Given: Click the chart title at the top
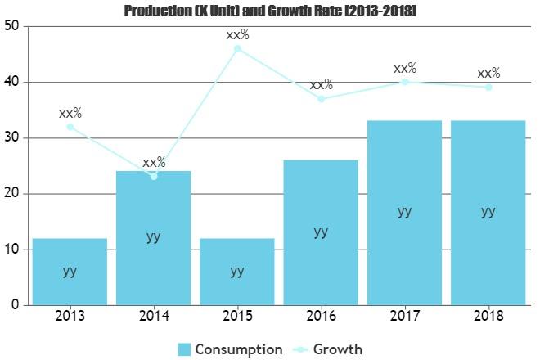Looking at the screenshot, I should pos(270,11).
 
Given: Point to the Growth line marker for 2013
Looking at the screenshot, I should pos(70,127).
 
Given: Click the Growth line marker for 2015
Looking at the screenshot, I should pos(237,48).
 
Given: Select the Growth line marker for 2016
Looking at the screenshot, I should pos(321,99).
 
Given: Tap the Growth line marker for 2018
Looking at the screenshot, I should pos(488,87).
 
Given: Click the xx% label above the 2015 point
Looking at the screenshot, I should pos(237,35).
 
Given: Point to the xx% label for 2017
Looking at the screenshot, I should pos(405,69).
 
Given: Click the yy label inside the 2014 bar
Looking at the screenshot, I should pos(154,236).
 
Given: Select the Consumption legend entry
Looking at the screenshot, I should pos(231,349).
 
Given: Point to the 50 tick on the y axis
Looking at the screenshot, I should pos(11,26).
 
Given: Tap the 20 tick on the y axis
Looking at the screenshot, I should pos(11,194).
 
